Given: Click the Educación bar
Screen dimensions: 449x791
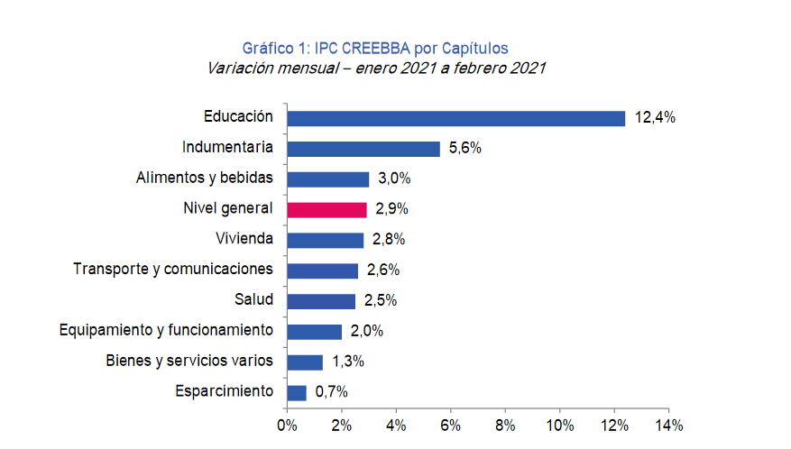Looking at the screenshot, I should pos(455,118).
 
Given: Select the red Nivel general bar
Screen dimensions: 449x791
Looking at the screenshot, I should pos(327,209).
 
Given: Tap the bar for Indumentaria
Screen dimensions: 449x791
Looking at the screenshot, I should pos(363,149).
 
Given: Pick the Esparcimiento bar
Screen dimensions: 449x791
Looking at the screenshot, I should pos(297,392).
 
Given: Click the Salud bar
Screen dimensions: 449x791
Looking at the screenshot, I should pos(321,300).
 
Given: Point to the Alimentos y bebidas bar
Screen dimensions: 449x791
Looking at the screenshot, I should pos(327,179).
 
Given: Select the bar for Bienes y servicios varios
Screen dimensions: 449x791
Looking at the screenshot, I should pos(305,362).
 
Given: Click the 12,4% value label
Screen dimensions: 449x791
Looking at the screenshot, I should pos(655,118).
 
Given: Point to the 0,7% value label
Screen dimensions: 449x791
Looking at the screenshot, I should pos(331,392).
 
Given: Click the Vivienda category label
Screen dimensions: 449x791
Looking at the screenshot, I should pos(244,239).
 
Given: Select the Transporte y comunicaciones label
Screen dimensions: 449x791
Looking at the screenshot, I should pos(173,270).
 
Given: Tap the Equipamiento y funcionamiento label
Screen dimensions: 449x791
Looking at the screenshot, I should pos(165,331).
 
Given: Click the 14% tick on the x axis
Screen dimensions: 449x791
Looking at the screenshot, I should pos(668,424).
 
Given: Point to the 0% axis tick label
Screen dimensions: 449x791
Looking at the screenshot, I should pos(287,424).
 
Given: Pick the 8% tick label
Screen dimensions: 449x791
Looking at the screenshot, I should pos(505,424).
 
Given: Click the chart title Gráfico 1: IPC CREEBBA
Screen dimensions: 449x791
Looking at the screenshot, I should pos(376,48).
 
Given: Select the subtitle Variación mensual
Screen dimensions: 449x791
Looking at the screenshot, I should pos(376,69).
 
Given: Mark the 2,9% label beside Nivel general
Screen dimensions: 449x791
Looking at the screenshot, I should pos(391,209).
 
